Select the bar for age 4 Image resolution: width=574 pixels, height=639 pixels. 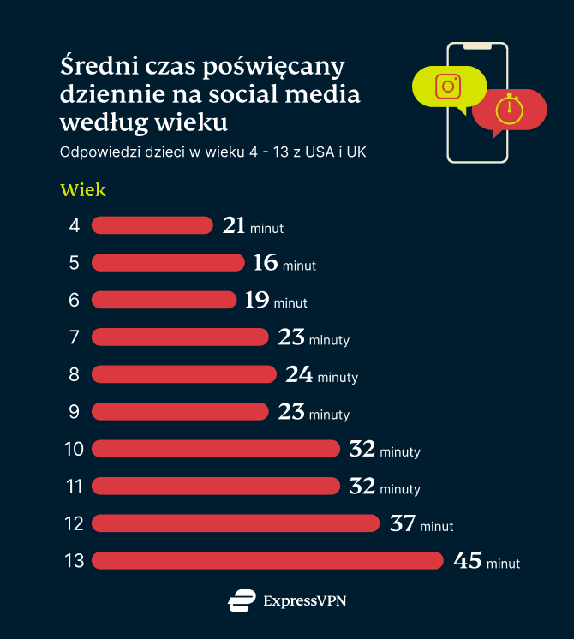click(152, 225)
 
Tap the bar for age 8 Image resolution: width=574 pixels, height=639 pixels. click(184, 374)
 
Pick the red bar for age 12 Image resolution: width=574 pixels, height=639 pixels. click(236, 523)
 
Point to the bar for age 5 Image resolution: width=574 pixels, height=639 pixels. click(168, 262)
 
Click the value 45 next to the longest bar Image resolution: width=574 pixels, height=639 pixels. click(468, 561)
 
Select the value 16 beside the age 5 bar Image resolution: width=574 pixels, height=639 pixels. click(266, 263)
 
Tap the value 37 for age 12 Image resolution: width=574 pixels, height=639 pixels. click(402, 523)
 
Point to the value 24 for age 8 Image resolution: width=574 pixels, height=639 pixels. click(299, 375)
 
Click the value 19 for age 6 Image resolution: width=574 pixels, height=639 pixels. click(257, 300)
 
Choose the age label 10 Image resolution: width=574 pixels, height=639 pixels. click(74, 449)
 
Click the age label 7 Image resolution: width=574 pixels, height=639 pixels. click(75, 337)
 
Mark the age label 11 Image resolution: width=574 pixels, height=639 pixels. click(74, 487)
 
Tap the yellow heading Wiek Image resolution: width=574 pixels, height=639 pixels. click(83, 190)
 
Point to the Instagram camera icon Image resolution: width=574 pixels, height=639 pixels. click(448, 87)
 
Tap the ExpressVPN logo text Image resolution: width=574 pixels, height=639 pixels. click(305, 601)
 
